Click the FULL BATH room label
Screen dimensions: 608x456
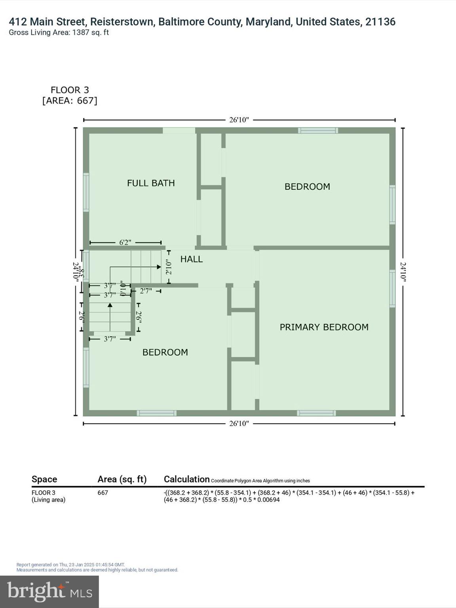[151, 183]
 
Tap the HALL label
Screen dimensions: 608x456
[192, 259]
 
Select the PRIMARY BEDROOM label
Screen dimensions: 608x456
[324, 327]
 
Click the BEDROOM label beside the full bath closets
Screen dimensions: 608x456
[307, 186]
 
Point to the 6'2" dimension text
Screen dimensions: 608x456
[125, 243]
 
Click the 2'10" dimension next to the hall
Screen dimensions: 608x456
[169, 267]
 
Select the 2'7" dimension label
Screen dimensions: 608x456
[146, 291]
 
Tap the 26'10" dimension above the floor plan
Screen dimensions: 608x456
[239, 120]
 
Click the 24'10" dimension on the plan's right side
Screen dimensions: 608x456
[403, 272]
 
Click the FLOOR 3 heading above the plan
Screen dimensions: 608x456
[70, 90]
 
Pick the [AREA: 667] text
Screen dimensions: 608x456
[70, 101]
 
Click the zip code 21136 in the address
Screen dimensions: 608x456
[380, 22]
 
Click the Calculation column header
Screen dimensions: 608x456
[186, 479]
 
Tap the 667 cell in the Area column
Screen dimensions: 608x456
[103, 493]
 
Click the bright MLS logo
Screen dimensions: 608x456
[49, 591]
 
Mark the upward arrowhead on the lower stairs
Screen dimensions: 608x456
[110, 305]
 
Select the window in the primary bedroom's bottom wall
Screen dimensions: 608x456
[316, 413]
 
